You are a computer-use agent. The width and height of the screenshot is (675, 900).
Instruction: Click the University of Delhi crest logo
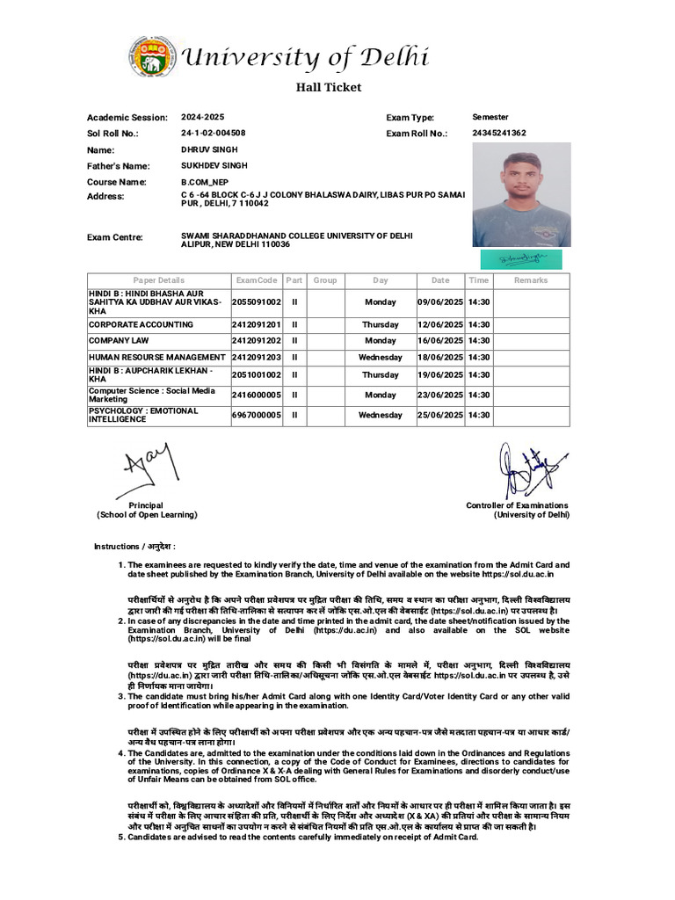tap(151, 58)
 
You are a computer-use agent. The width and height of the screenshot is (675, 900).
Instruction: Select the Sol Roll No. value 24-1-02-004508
tap(213, 133)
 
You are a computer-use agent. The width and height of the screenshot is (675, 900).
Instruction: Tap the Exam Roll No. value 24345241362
tap(499, 133)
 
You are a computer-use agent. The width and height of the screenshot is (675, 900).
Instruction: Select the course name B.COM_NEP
tap(203, 181)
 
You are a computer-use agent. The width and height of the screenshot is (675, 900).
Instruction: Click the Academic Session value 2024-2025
tap(202, 117)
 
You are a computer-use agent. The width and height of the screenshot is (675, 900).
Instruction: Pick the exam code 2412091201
tap(257, 324)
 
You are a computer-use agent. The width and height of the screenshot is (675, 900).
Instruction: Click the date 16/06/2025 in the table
tap(440, 340)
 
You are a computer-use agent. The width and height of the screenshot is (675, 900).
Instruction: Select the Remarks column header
tap(530, 280)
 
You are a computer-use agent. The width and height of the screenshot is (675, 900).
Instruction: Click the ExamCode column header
tap(257, 280)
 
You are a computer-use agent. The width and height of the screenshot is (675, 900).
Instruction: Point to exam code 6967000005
tap(257, 415)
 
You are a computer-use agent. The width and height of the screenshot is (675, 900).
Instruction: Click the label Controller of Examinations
tap(517, 505)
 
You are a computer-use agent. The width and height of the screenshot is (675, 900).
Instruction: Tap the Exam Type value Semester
tap(490, 117)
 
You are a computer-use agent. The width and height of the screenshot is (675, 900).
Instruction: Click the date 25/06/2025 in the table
tap(440, 415)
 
